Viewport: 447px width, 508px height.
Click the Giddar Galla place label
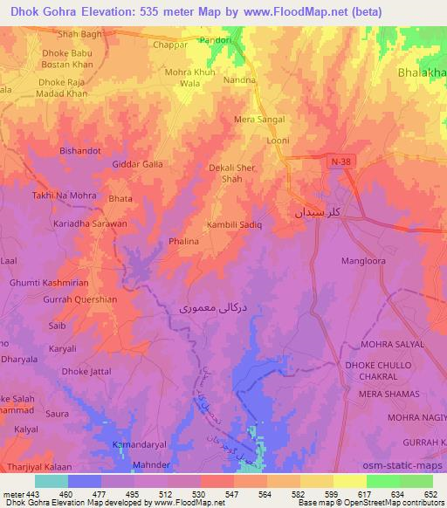(138, 164)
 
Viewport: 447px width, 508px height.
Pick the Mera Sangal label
(260, 120)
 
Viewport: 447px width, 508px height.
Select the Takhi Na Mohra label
(64, 196)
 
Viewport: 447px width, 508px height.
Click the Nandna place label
(239, 79)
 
